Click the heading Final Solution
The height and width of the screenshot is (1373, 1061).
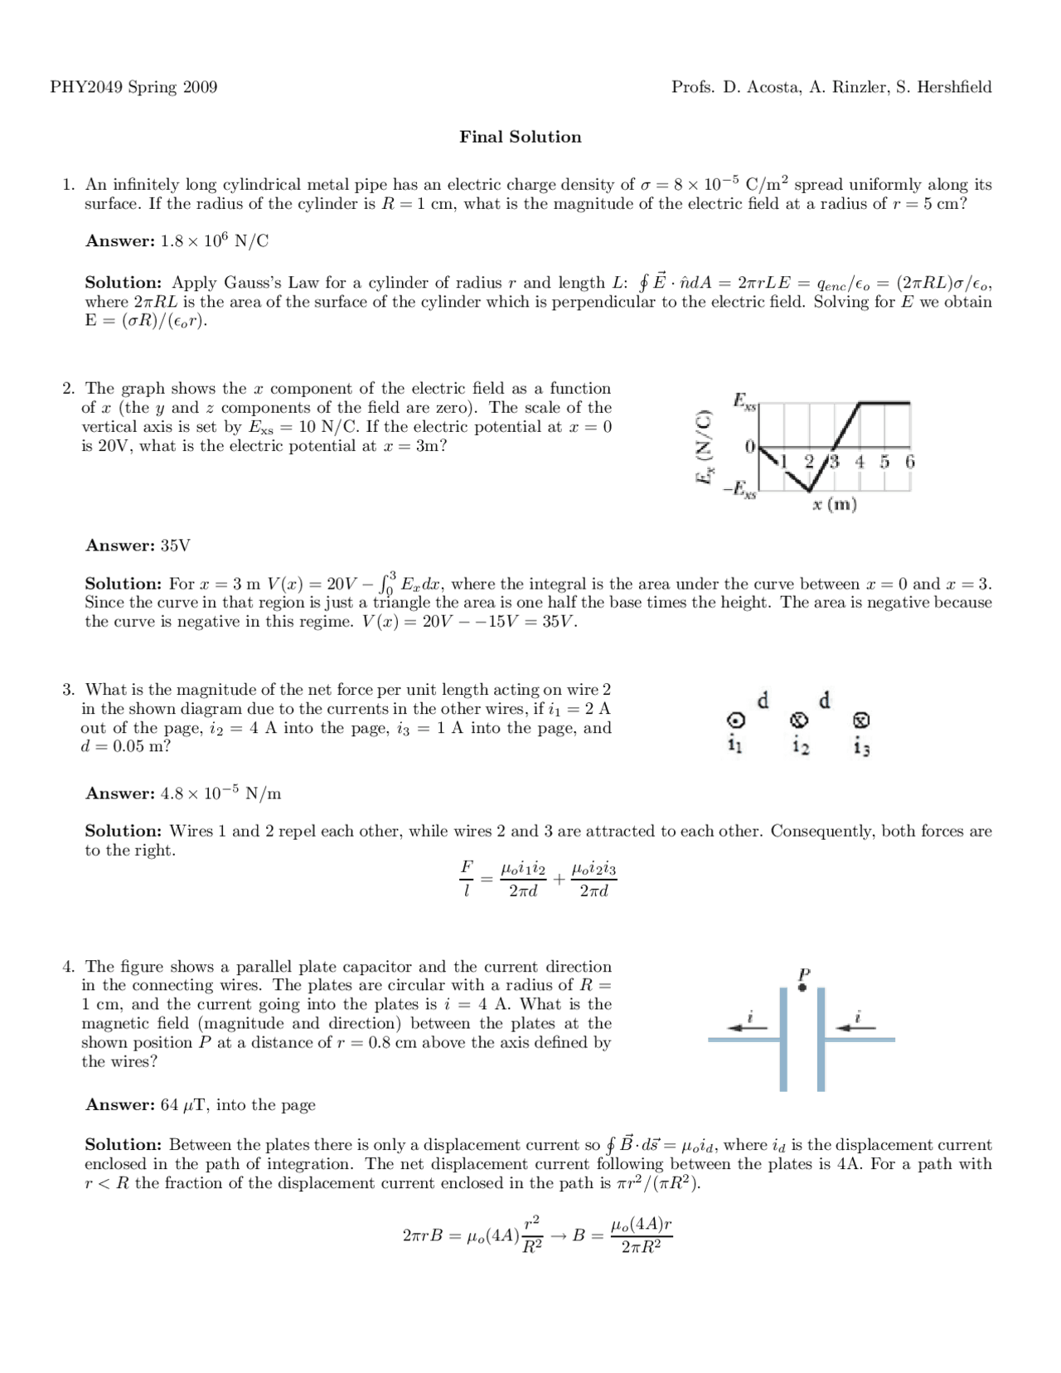point(520,137)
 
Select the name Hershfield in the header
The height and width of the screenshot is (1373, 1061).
point(952,87)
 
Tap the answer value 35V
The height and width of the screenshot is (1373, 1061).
point(175,546)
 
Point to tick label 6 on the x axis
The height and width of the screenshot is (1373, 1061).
point(909,462)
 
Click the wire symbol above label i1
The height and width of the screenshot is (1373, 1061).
point(734,720)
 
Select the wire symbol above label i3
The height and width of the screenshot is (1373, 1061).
point(861,720)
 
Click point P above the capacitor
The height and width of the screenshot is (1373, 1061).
point(802,987)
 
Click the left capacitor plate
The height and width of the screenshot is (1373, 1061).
point(783,1040)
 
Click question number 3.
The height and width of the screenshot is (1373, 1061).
point(70,690)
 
